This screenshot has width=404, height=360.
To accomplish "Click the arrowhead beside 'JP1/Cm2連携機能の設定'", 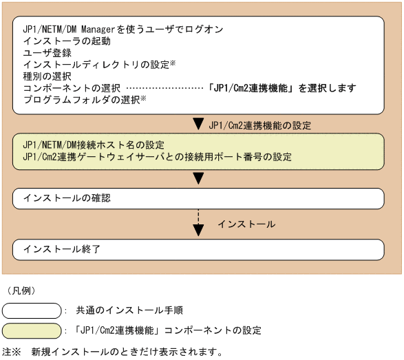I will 198,125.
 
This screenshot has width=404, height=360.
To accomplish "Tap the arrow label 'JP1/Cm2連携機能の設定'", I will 259,126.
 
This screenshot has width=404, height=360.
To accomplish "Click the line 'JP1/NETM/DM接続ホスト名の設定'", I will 93,145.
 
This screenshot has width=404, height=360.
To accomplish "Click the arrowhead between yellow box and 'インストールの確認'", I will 198,178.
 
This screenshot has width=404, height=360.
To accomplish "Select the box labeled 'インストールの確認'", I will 198,198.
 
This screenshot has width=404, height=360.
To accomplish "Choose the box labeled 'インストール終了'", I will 198,248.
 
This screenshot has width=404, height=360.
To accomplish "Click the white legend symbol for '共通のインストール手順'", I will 32,310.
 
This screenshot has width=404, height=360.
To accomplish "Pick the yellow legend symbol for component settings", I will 32,330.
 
